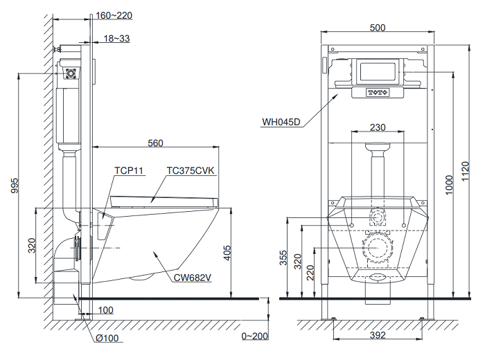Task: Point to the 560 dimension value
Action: click(x=155, y=143)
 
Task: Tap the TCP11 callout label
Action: click(x=128, y=170)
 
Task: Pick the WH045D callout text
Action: click(x=281, y=123)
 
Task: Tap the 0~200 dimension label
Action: click(x=255, y=337)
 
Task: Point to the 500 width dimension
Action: click(x=378, y=28)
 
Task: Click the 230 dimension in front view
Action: click(x=378, y=127)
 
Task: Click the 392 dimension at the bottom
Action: click(x=377, y=336)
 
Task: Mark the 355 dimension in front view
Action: click(x=283, y=258)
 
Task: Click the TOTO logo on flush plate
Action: click(x=378, y=91)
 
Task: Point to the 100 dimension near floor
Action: click(x=106, y=309)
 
